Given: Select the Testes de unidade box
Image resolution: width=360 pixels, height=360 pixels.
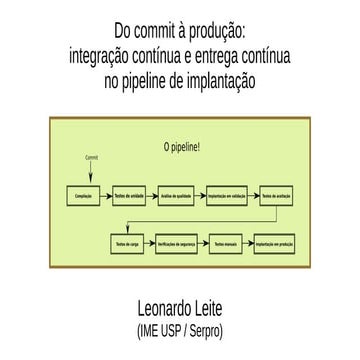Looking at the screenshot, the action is pyautogui.click(x=131, y=196).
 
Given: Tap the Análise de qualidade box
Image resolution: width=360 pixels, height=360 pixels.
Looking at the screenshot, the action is pyautogui.click(x=180, y=196).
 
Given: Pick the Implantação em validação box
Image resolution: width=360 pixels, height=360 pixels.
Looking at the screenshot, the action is pyautogui.click(x=229, y=196).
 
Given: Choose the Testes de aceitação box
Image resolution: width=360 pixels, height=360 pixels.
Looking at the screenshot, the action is pyautogui.click(x=277, y=196).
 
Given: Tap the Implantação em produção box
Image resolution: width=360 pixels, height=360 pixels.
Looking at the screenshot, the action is pyautogui.click(x=277, y=242).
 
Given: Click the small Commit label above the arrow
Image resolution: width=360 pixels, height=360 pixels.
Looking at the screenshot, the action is pyautogui.click(x=91, y=158).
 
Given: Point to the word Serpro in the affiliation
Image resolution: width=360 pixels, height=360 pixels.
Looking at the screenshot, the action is pyautogui.click(x=210, y=330).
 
